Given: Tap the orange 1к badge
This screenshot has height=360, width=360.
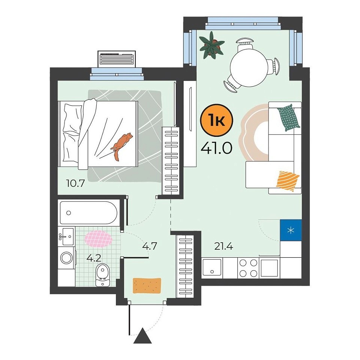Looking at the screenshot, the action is tap(216, 120).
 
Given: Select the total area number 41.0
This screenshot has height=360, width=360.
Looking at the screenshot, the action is tap(216, 148).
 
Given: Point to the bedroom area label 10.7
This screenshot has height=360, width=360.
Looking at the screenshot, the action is tap(75, 183).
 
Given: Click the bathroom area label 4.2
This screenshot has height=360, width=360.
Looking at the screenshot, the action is tap(94, 258).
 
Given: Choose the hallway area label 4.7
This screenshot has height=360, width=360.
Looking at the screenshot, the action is tap(150, 246).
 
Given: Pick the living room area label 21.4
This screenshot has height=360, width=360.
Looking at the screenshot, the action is tap(223, 246).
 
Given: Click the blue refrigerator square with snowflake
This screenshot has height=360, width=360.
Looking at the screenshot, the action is tap(291, 230).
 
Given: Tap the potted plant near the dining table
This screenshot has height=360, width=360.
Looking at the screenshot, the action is tap(211, 45).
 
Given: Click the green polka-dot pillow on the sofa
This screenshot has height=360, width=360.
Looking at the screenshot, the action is tap(289, 117).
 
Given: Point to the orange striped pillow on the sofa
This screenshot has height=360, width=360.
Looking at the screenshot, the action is tap(288, 181).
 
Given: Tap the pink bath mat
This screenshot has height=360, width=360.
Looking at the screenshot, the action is tap(99, 239).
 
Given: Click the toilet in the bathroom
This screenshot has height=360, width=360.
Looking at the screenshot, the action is tap(102, 274).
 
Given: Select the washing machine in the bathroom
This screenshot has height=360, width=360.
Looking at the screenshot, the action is tap(67, 258).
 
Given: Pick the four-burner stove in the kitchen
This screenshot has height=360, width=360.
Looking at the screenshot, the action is tap(248, 268).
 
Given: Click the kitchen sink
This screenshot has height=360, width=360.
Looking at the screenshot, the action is tap(211, 267).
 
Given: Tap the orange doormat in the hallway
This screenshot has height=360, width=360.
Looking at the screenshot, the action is tap(147, 286).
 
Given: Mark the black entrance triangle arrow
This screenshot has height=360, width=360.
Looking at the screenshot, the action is tap(142, 336).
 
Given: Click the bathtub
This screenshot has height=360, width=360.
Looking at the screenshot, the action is tap(88, 213).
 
